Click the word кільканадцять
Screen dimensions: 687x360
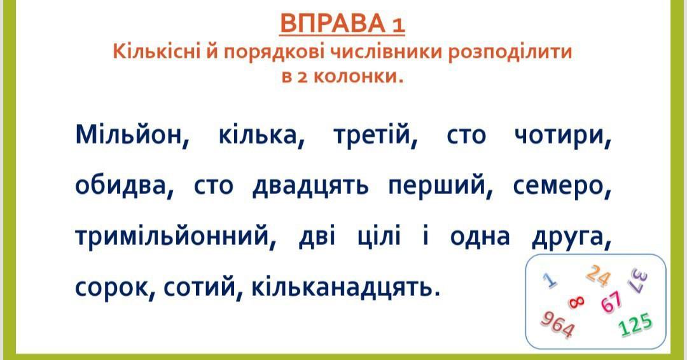point(345,287)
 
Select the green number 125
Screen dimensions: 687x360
point(635,325)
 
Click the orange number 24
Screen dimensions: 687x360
point(599,276)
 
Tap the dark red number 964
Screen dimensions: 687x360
point(557,324)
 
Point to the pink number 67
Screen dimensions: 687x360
point(611,301)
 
